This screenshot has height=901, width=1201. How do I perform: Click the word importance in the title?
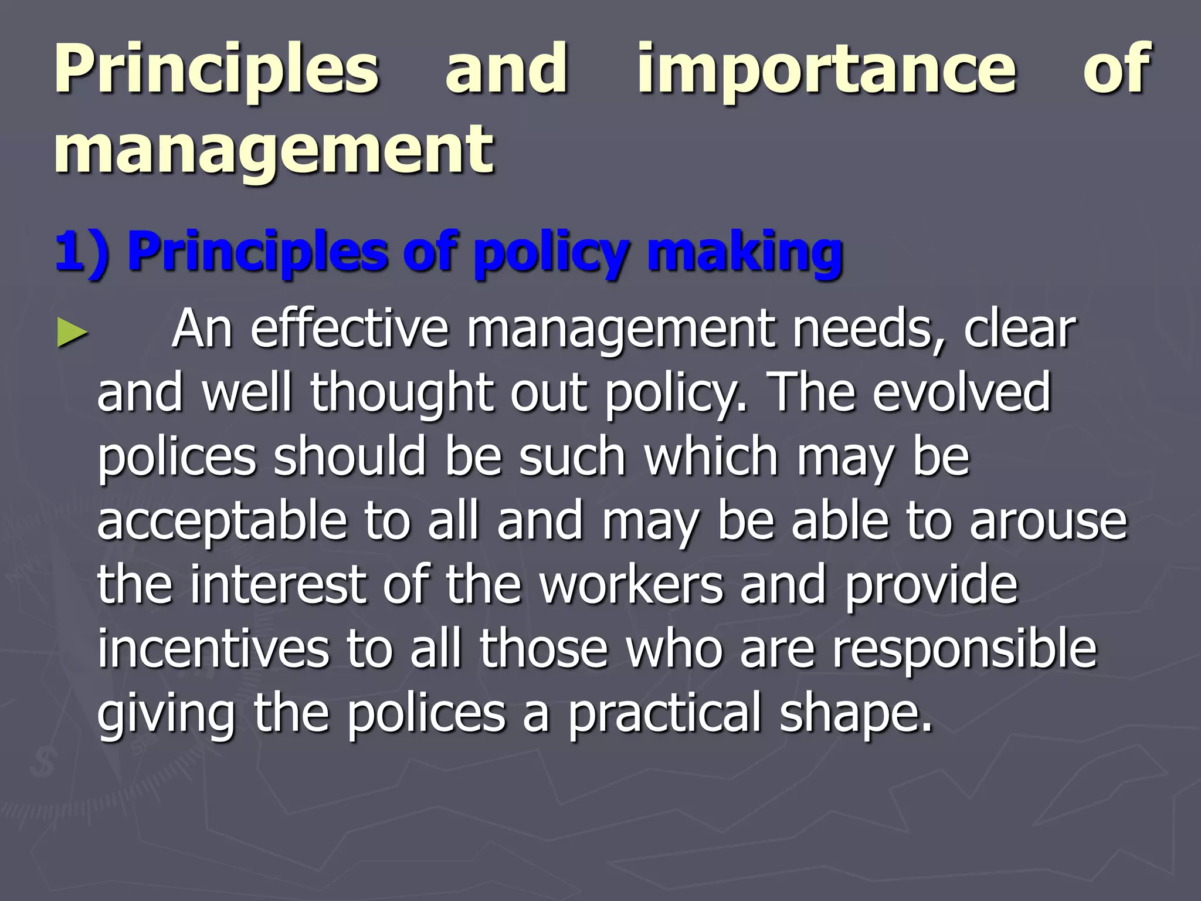click(x=827, y=70)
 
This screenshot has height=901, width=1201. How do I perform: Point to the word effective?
click(x=350, y=330)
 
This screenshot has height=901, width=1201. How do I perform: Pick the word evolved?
click(x=962, y=393)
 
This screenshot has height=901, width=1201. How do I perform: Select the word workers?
click(x=631, y=585)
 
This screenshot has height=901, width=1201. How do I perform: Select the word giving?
click(x=166, y=713)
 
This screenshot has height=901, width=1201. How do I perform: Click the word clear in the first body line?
click(x=1019, y=330)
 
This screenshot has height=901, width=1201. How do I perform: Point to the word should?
click(x=350, y=457)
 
